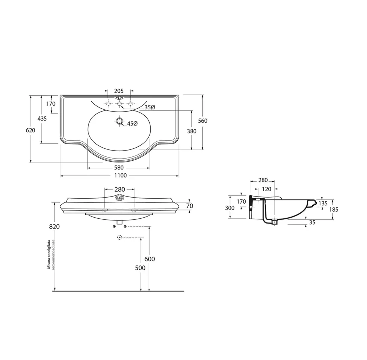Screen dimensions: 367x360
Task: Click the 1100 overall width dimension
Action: (x=120, y=175)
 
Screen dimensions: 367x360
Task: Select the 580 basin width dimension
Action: (x=119, y=168)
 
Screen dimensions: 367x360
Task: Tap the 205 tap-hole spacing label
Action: (x=119, y=91)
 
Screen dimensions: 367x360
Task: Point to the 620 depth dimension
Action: (x=31, y=130)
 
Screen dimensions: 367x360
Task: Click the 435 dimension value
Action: (x=42, y=118)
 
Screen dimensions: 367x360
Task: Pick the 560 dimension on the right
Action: (x=203, y=121)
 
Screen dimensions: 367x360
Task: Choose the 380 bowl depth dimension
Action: (x=192, y=131)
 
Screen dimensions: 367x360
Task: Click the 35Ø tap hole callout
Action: (x=150, y=107)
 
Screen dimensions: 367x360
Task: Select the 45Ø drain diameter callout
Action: (x=132, y=123)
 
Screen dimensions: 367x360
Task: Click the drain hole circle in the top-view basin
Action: (x=120, y=121)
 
